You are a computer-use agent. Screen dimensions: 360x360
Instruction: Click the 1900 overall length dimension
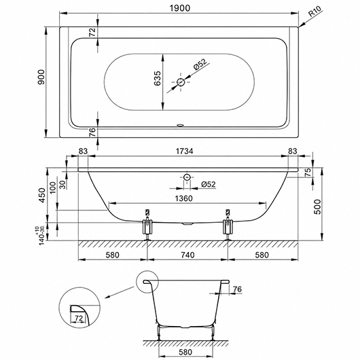coord(180,8)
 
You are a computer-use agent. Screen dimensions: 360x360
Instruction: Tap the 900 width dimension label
coord(41,77)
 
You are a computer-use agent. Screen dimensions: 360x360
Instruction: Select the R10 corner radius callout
coord(315,12)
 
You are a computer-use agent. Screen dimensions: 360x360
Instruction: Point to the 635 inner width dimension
coord(158,78)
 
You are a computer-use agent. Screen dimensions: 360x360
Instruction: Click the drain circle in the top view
coord(181,82)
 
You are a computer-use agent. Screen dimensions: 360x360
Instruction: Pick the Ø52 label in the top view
coord(200,65)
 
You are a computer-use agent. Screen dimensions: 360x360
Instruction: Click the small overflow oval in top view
coord(180,125)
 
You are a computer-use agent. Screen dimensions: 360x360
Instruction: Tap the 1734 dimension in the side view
coord(184,151)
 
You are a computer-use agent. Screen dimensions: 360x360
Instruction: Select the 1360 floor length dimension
coord(183,198)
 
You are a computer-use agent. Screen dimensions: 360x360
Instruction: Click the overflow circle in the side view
coord(187,177)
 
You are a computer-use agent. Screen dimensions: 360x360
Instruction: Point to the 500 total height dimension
coord(317,206)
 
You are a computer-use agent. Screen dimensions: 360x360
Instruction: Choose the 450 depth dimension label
coord(42,195)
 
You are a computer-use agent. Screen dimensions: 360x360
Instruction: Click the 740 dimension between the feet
coord(187,255)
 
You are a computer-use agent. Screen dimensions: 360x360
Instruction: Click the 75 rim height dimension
coord(308,172)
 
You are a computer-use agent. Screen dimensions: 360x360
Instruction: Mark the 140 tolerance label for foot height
coord(42,236)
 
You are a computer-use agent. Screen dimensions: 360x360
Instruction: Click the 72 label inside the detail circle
coord(79,318)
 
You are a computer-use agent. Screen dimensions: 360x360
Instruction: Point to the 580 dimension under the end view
coord(185,352)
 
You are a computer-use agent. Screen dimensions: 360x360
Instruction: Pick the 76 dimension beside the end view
coord(238,289)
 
